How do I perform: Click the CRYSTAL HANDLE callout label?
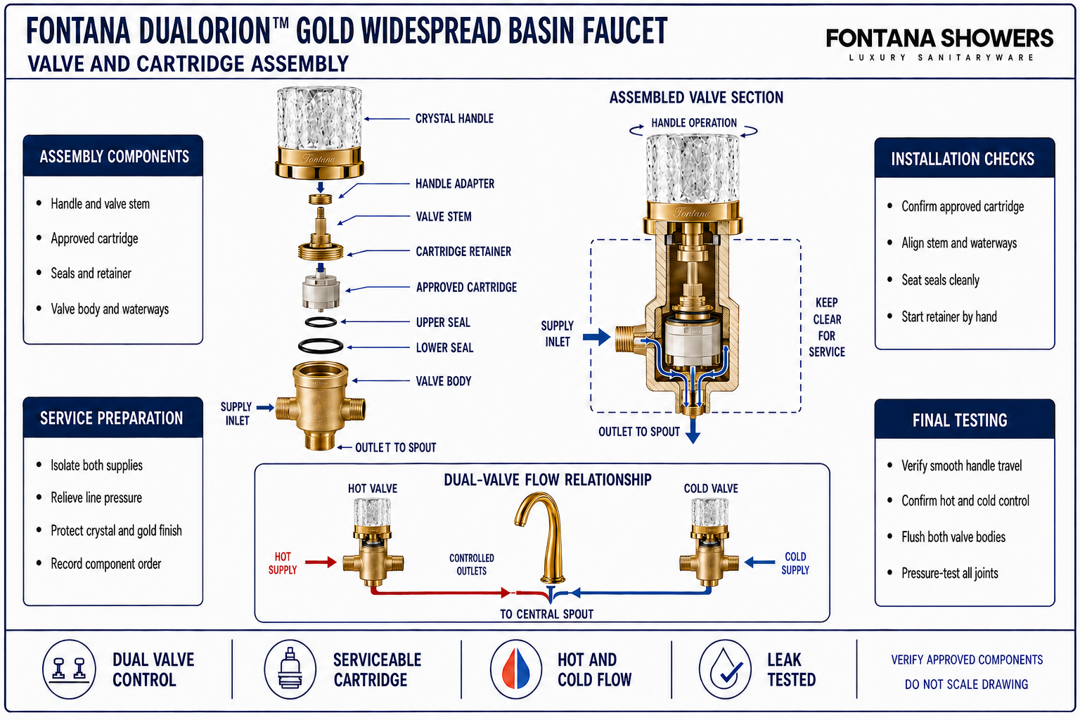point(454,119)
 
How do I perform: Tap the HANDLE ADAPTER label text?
point(455,184)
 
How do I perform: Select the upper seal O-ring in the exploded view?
point(321,322)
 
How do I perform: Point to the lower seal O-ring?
point(321,346)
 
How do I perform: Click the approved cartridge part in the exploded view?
point(321,288)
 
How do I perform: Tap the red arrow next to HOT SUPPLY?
point(321,562)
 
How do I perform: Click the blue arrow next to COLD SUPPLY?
point(759,562)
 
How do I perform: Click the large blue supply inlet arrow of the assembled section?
point(596,337)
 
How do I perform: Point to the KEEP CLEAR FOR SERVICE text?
point(826,328)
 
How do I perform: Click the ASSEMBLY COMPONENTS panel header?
point(113,156)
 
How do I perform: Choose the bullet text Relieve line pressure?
point(96,498)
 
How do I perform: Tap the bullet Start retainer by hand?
point(949,317)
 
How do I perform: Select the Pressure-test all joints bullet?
point(950,573)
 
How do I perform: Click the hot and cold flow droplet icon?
point(516,669)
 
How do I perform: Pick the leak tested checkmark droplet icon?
point(725,669)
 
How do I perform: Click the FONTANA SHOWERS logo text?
point(939,38)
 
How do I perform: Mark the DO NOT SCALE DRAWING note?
point(966,684)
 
